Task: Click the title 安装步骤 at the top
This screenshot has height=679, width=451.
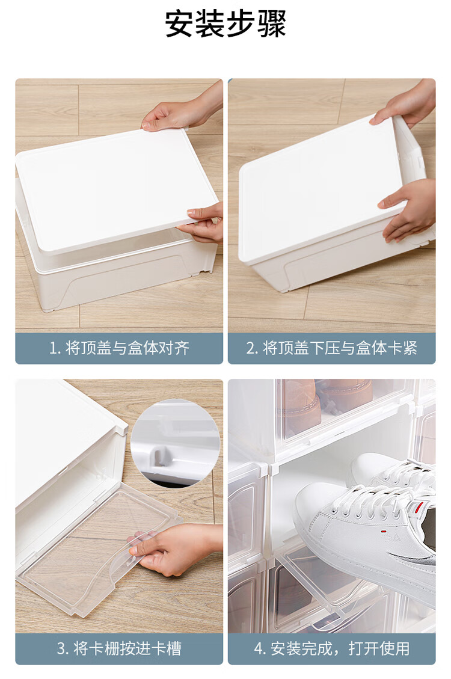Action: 226,24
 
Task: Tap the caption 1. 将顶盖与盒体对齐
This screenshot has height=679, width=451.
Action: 119,348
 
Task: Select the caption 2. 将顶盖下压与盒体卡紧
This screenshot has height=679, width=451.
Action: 331,348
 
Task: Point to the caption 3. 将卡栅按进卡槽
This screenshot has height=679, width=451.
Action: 119,648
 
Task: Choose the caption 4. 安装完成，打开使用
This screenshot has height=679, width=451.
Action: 331,648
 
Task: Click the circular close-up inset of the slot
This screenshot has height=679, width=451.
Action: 175,443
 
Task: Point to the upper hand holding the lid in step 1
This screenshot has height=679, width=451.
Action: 182,108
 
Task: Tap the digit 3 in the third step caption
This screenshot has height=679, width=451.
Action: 61,649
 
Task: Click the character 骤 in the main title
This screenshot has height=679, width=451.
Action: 271,24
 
